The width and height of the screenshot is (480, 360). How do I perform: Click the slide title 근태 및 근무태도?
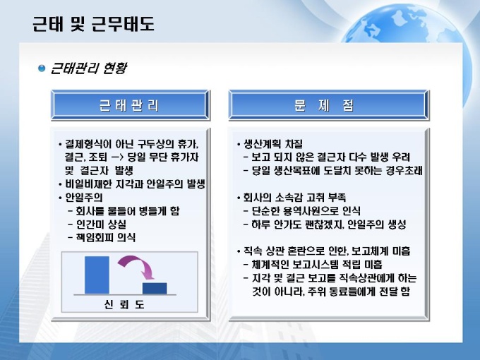click(93, 24)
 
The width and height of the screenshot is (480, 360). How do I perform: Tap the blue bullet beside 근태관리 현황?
click(42, 68)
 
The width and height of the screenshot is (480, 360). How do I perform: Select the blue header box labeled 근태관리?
click(131, 105)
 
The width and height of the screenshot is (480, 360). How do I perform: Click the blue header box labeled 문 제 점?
click(329, 105)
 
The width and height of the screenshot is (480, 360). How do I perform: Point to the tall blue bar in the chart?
click(97, 275)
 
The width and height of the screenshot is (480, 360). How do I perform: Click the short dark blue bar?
click(155, 288)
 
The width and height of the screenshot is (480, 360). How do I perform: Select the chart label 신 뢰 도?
click(124, 304)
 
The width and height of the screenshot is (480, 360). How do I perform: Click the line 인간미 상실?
click(101, 224)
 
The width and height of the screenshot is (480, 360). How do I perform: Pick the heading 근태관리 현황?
click(88, 68)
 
